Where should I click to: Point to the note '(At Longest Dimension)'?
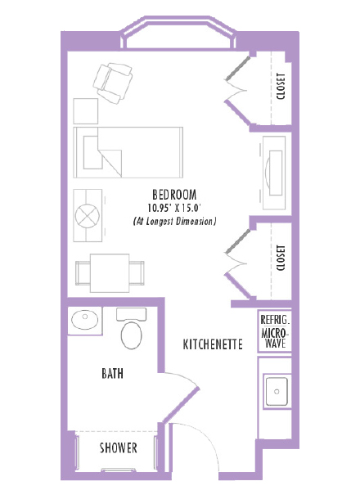pos(174,222)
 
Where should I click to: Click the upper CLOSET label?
pos(281,86)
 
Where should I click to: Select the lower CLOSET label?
pos(281,258)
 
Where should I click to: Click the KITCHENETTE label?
pos(213,344)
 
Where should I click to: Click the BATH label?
pos(113,374)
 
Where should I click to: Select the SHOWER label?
pos(118,448)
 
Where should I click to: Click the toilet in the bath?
pos(132,328)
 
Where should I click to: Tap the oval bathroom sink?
pos(84,319)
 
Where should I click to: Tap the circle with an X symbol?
pos(87,214)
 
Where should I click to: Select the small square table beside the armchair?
pos(85,111)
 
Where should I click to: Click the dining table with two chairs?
pos(109,272)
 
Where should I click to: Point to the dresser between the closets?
pos(272,170)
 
